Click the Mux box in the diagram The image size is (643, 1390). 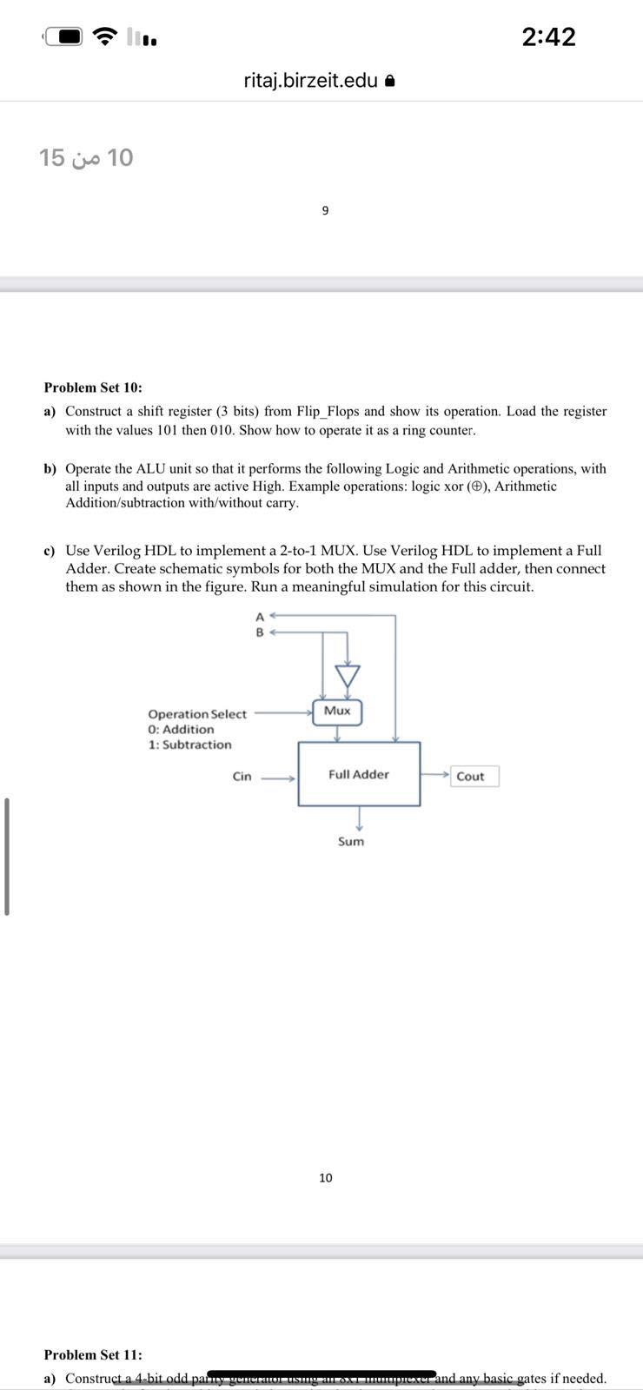[337, 712]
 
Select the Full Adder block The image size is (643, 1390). [359, 774]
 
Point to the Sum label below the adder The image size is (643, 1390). [351, 841]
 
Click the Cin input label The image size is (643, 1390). [242, 777]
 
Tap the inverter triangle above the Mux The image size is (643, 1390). [348, 675]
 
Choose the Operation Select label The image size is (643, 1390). [197, 714]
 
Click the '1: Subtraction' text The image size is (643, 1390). [190, 745]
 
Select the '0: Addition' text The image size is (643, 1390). [181, 730]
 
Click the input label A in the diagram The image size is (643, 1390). [259, 617]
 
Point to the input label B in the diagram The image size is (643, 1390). [259, 632]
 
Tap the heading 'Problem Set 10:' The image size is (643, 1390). [93, 387]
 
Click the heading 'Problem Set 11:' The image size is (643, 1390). [93, 1354]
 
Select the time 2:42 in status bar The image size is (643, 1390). [549, 36]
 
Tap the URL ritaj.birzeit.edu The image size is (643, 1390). [311, 81]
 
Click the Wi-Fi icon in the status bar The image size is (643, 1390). [106, 36]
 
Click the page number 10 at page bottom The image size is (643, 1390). [325, 1178]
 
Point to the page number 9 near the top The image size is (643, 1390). [325, 210]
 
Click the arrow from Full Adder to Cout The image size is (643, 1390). [434, 773]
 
